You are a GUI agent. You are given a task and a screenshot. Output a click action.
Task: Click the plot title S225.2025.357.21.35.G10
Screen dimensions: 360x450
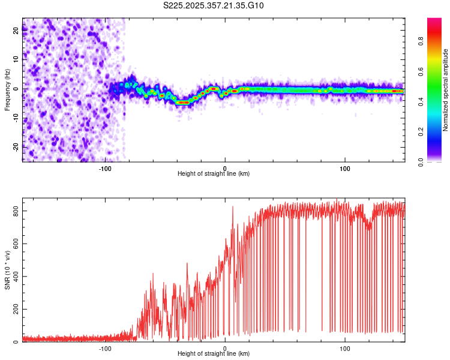(x=214, y=5)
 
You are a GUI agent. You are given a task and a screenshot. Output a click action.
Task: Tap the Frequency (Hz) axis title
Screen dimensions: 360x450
(x=7, y=89)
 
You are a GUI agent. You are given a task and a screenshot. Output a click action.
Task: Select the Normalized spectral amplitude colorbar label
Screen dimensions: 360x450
(x=446, y=90)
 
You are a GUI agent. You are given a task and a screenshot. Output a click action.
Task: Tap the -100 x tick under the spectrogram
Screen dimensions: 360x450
(x=105, y=168)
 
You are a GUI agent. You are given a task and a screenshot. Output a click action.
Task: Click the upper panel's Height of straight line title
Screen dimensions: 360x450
(x=214, y=174)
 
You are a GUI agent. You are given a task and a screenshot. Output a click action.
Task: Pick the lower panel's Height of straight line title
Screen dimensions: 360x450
(x=214, y=354)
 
